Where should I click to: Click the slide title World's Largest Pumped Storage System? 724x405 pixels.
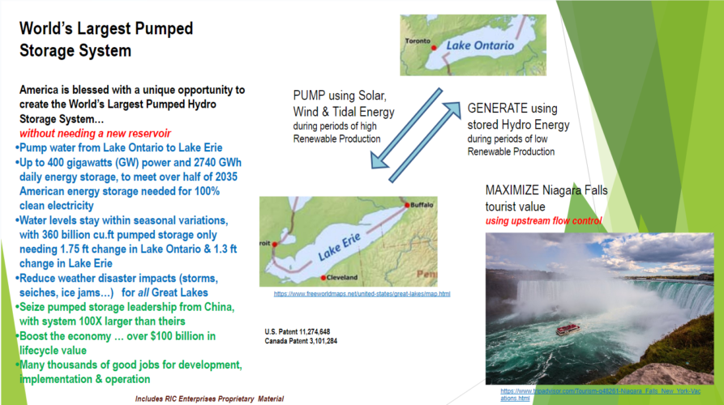click(x=106, y=39)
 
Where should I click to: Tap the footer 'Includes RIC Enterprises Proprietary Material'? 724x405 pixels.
click(x=209, y=399)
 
